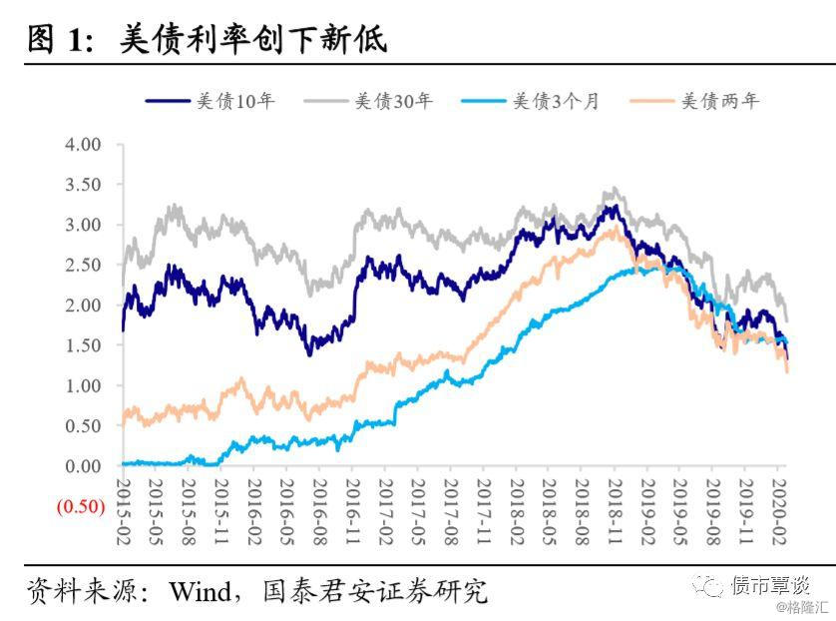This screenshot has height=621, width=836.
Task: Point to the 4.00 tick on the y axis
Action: click(82, 145)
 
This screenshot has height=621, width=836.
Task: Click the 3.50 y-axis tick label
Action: click(82, 185)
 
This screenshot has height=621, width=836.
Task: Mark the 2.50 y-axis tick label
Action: click(82, 266)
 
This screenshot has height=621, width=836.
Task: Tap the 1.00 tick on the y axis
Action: click(82, 386)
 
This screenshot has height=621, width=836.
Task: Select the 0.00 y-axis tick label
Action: click(82, 466)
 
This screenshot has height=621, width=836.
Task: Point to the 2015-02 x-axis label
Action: click(124, 510)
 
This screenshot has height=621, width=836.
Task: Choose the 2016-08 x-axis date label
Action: click(320, 510)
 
